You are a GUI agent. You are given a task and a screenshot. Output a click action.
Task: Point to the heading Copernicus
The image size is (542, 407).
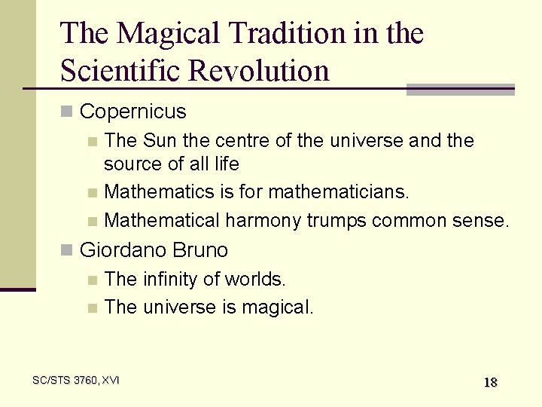point(132,112)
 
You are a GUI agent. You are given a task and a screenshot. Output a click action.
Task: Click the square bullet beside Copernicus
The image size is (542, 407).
point(66,113)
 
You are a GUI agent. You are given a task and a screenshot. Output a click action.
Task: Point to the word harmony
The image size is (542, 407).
point(263,220)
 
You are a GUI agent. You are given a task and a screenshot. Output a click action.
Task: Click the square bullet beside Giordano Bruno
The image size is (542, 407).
point(66,250)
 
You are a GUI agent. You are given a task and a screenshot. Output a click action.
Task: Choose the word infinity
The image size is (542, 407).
point(172,280)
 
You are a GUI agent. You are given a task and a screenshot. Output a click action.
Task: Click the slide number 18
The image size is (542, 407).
point(490,382)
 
